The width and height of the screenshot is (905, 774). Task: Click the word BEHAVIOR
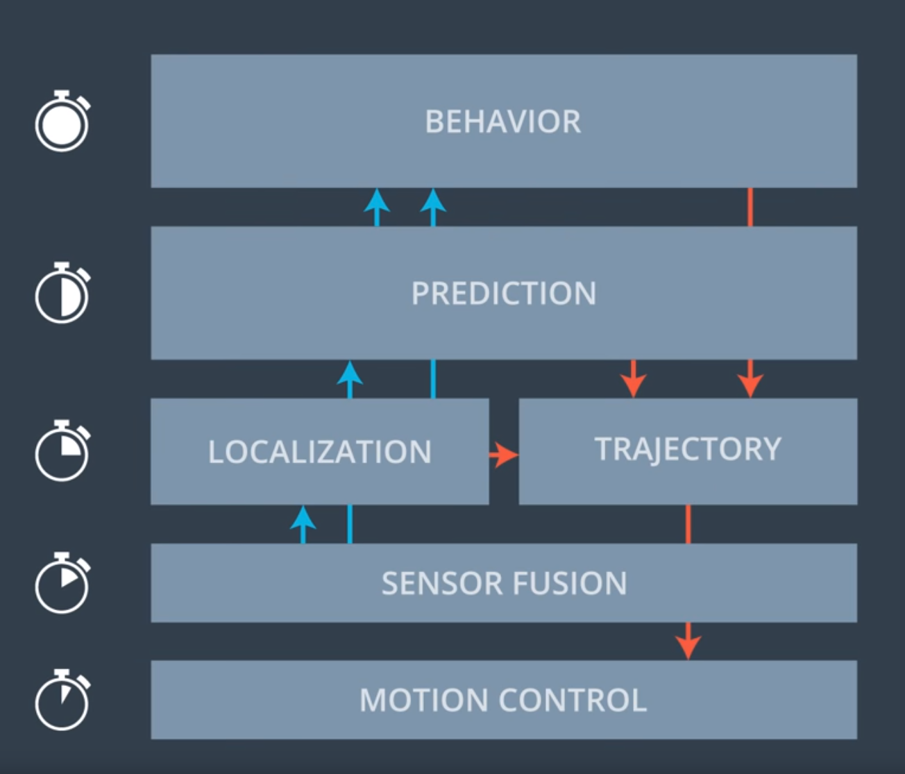point(503,121)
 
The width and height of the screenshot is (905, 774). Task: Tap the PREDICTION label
point(503,293)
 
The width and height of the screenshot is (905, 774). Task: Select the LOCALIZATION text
point(320,452)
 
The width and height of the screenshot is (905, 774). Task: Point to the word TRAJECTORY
point(687,449)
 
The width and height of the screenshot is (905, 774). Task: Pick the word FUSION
point(570,583)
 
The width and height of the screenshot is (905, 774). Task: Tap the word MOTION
point(423,700)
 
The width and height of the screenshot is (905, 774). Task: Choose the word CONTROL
point(573,700)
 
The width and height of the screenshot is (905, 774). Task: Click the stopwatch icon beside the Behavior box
point(62,121)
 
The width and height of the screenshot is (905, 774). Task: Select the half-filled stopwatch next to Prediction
point(62,293)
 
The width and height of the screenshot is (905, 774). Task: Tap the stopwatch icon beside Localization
point(62,451)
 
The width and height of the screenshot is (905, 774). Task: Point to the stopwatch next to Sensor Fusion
point(62,582)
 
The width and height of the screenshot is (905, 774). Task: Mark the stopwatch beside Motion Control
point(62,700)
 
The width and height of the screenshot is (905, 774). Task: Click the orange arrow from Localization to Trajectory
point(504,455)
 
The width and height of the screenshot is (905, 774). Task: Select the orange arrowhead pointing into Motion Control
point(688,648)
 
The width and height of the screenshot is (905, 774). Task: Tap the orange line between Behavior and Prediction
point(750,207)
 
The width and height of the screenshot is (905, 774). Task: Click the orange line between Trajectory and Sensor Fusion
point(688,524)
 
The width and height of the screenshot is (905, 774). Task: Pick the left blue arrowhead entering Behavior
point(377,201)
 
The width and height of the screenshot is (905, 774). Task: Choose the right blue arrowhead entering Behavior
point(433,201)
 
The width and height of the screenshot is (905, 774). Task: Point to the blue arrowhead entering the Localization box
point(303,518)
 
